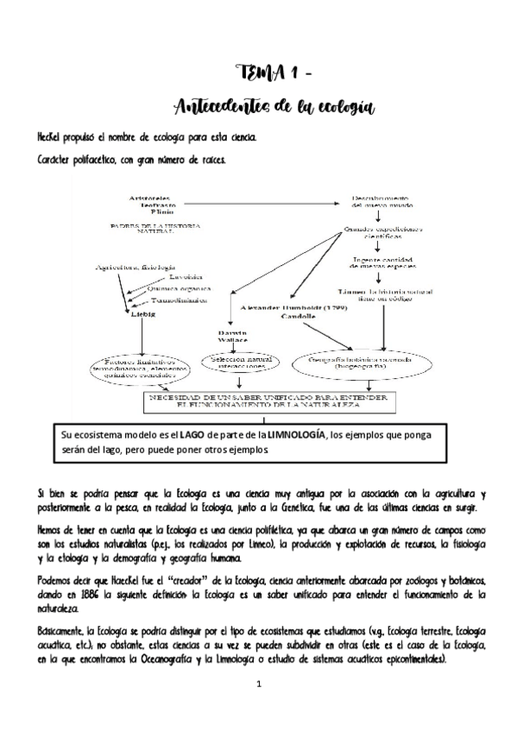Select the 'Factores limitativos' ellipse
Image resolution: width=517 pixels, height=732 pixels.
[x=141, y=368]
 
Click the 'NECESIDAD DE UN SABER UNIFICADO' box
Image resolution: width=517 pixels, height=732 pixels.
[x=268, y=401]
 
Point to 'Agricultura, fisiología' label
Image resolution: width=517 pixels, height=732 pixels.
[x=135, y=268]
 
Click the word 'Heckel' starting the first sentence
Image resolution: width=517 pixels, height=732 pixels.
[x=49, y=137]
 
